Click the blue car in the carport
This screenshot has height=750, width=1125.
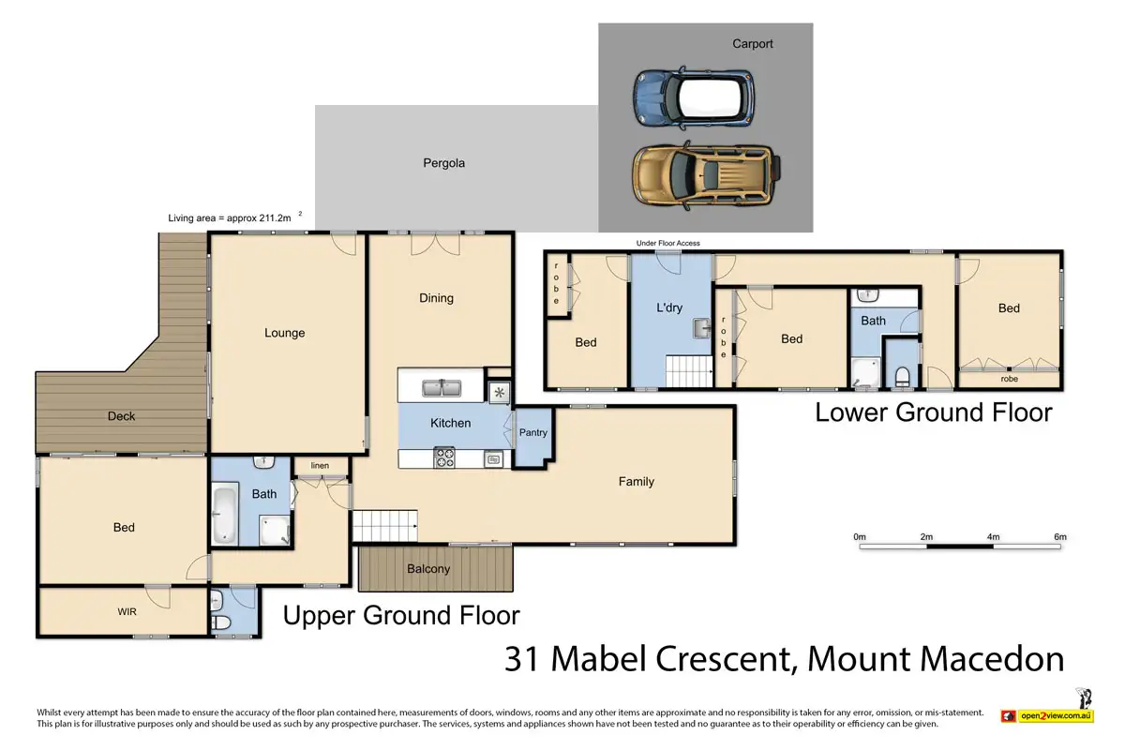coord(694,97)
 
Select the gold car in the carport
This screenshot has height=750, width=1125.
coord(707,176)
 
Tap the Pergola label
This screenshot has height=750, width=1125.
coord(444,163)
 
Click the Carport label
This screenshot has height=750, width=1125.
coord(752,44)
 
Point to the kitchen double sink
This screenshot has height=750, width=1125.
coord(442,388)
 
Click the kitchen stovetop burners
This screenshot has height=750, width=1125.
coord(444,457)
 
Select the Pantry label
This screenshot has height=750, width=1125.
coord(532,432)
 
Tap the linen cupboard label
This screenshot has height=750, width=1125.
coord(320,466)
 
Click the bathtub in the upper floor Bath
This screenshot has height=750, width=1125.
coord(224,514)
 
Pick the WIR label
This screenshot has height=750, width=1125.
coord(127,612)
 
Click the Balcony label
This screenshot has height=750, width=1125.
coord(428,569)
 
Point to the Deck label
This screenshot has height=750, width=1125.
coord(121,416)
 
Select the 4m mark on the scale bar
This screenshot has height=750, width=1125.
coord(994,537)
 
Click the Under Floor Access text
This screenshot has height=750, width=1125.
coord(667,243)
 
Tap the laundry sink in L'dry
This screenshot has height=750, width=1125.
coord(702,328)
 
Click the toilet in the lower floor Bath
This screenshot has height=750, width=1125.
coord(903,377)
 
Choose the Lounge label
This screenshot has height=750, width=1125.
coord(285,333)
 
